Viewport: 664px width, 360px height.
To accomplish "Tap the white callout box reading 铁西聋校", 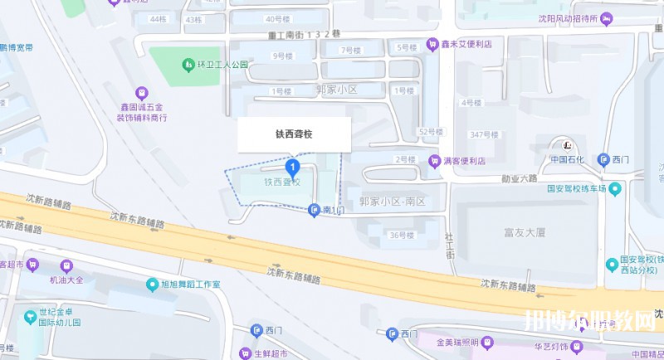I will tap(294, 134).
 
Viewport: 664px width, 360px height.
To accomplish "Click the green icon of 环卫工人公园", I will tap(188, 64).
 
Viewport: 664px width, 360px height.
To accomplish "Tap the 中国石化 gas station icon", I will tap(569, 143).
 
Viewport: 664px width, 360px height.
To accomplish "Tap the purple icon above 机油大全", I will tap(67, 266).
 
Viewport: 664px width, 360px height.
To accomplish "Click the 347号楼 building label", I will tap(484, 134).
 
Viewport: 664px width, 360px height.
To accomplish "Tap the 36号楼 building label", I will tap(402, 235).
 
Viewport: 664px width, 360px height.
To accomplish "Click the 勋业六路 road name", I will tap(517, 178).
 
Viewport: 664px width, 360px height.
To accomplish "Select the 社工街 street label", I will tap(449, 245).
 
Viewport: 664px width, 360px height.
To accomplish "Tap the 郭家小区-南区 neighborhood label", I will tap(392, 202).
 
